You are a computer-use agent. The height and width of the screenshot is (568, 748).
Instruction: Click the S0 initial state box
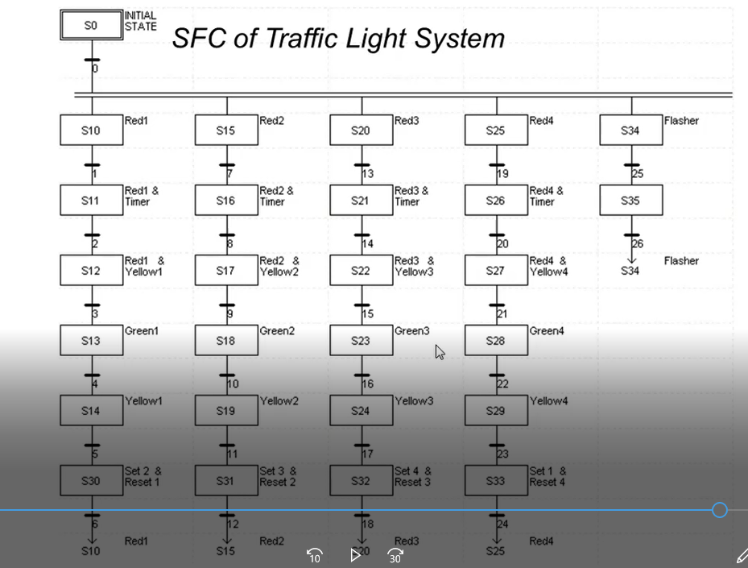tap(91, 25)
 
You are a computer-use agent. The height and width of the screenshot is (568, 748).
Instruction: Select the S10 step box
tap(91, 131)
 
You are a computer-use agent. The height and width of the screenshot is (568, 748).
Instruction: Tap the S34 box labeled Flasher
tap(630, 131)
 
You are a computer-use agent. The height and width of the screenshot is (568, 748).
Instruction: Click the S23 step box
tap(361, 341)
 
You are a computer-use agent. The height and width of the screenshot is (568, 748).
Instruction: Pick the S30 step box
tap(91, 481)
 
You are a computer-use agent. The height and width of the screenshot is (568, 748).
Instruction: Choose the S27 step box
tap(496, 271)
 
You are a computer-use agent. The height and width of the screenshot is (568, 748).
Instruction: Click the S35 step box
tap(630, 201)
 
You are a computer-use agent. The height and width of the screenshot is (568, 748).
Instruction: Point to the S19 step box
tap(226, 411)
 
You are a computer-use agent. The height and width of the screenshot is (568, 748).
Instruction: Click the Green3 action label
tap(412, 331)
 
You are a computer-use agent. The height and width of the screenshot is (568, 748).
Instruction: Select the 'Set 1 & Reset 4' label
tap(548, 476)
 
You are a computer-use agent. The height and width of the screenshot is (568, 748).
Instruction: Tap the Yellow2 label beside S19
tap(279, 401)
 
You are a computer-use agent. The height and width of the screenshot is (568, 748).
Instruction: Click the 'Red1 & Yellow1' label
tap(144, 266)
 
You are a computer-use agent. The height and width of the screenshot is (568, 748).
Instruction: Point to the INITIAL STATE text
tap(140, 21)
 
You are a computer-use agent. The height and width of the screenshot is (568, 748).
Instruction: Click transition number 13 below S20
tap(367, 173)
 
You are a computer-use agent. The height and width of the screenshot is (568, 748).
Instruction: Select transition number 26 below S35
tap(637, 243)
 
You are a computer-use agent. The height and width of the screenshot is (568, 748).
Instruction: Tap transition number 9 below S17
tap(231, 313)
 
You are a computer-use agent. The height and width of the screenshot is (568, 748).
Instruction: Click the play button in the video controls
tap(354, 554)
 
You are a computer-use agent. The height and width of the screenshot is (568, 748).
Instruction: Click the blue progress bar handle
tap(720, 510)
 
